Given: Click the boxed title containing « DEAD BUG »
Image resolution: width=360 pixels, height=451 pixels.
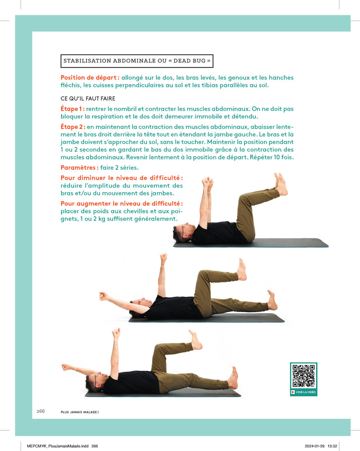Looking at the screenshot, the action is [x=137, y=61].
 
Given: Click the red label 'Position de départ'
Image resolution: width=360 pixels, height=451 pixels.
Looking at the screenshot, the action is [x=89, y=78].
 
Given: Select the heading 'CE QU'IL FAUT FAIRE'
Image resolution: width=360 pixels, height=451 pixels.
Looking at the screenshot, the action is [x=88, y=98].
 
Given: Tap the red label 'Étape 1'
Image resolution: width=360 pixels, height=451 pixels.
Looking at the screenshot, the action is [x=73, y=109].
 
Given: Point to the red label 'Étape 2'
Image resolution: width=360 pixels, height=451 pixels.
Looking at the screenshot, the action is [x=73, y=127].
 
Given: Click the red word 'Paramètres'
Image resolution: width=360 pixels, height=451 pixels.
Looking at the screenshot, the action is [x=79, y=168].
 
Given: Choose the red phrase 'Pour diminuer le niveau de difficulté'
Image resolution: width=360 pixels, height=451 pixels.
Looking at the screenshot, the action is [x=122, y=178].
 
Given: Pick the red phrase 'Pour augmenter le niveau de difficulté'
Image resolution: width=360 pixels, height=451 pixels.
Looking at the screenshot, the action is [x=122, y=204].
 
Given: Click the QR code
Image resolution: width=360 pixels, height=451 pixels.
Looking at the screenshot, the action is [x=303, y=375].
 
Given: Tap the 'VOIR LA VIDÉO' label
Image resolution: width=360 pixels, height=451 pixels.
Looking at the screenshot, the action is [x=305, y=392].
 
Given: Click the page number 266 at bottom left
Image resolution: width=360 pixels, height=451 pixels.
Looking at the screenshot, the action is [x=41, y=411].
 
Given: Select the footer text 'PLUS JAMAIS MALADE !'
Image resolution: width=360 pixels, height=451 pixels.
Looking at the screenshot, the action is [x=80, y=412].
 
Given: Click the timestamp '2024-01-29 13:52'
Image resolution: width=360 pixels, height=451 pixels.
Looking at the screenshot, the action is [x=321, y=446].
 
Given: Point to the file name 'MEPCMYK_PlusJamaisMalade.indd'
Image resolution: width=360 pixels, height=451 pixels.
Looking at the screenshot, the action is [x=58, y=446].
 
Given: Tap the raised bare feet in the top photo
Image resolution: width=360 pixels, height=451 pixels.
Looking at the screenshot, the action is [x=281, y=184].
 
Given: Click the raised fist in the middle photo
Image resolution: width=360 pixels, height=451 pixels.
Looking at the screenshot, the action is [x=164, y=258].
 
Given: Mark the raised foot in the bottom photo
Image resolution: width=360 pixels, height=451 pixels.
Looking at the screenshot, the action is [x=195, y=340].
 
